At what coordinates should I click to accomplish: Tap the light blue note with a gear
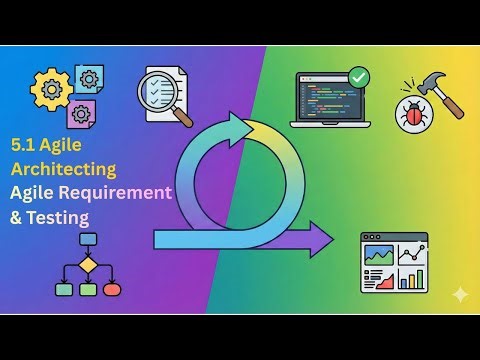(x=89, y=79)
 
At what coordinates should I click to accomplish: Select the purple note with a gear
(x=80, y=114)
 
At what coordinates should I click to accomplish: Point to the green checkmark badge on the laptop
(x=357, y=76)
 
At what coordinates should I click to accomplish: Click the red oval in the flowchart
(x=111, y=290)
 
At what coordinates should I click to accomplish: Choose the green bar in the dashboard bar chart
(x=408, y=280)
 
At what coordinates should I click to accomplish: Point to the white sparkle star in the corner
(x=459, y=295)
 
